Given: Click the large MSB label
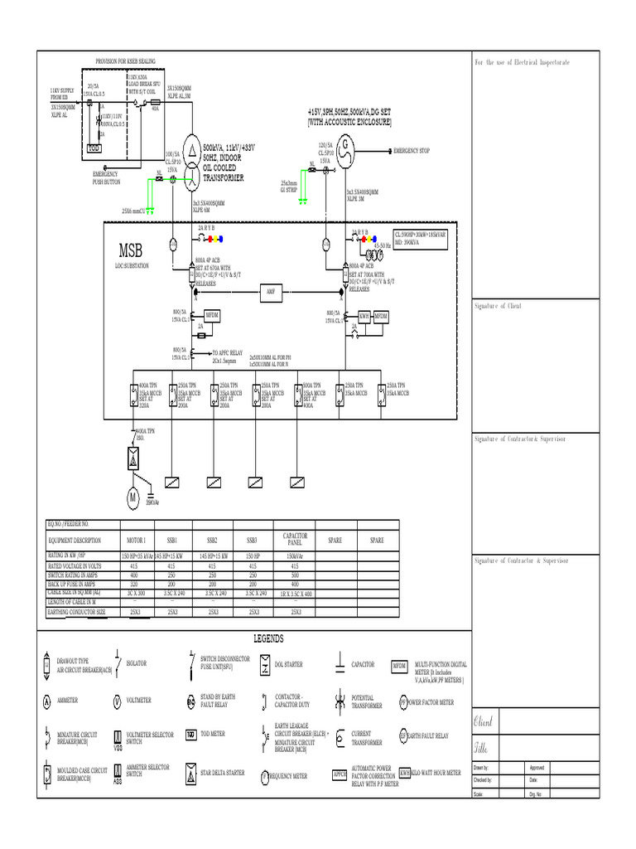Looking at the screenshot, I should point(131,250).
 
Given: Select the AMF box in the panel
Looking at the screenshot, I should point(269,292).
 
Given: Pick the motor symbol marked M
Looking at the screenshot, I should point(131,497).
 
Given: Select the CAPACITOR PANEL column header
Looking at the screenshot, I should point(295,538).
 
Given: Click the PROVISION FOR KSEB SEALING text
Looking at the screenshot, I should point(125,61).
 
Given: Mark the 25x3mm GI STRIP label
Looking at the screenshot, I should point(289,186).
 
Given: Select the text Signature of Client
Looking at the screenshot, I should point(498,307).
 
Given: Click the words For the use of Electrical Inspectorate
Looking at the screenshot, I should point(522,63).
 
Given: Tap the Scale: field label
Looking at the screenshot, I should point(479,793).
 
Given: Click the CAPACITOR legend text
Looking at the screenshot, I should point(363,665).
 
